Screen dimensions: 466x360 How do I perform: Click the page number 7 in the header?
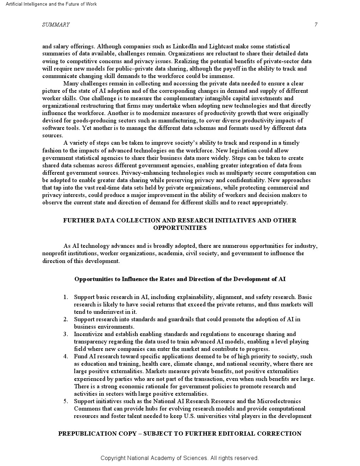click(316, 25)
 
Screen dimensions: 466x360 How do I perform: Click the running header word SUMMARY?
click(56, 25)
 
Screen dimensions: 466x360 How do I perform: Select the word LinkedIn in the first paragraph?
click(185, 46)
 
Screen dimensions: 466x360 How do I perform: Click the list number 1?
click(65, 297)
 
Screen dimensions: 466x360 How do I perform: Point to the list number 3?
click(65, 334)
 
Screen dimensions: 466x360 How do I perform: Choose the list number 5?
click(65, 401)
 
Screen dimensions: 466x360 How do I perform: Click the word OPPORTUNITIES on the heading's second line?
click(180, 228)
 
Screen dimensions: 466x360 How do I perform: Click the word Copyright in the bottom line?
click(113, 458)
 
